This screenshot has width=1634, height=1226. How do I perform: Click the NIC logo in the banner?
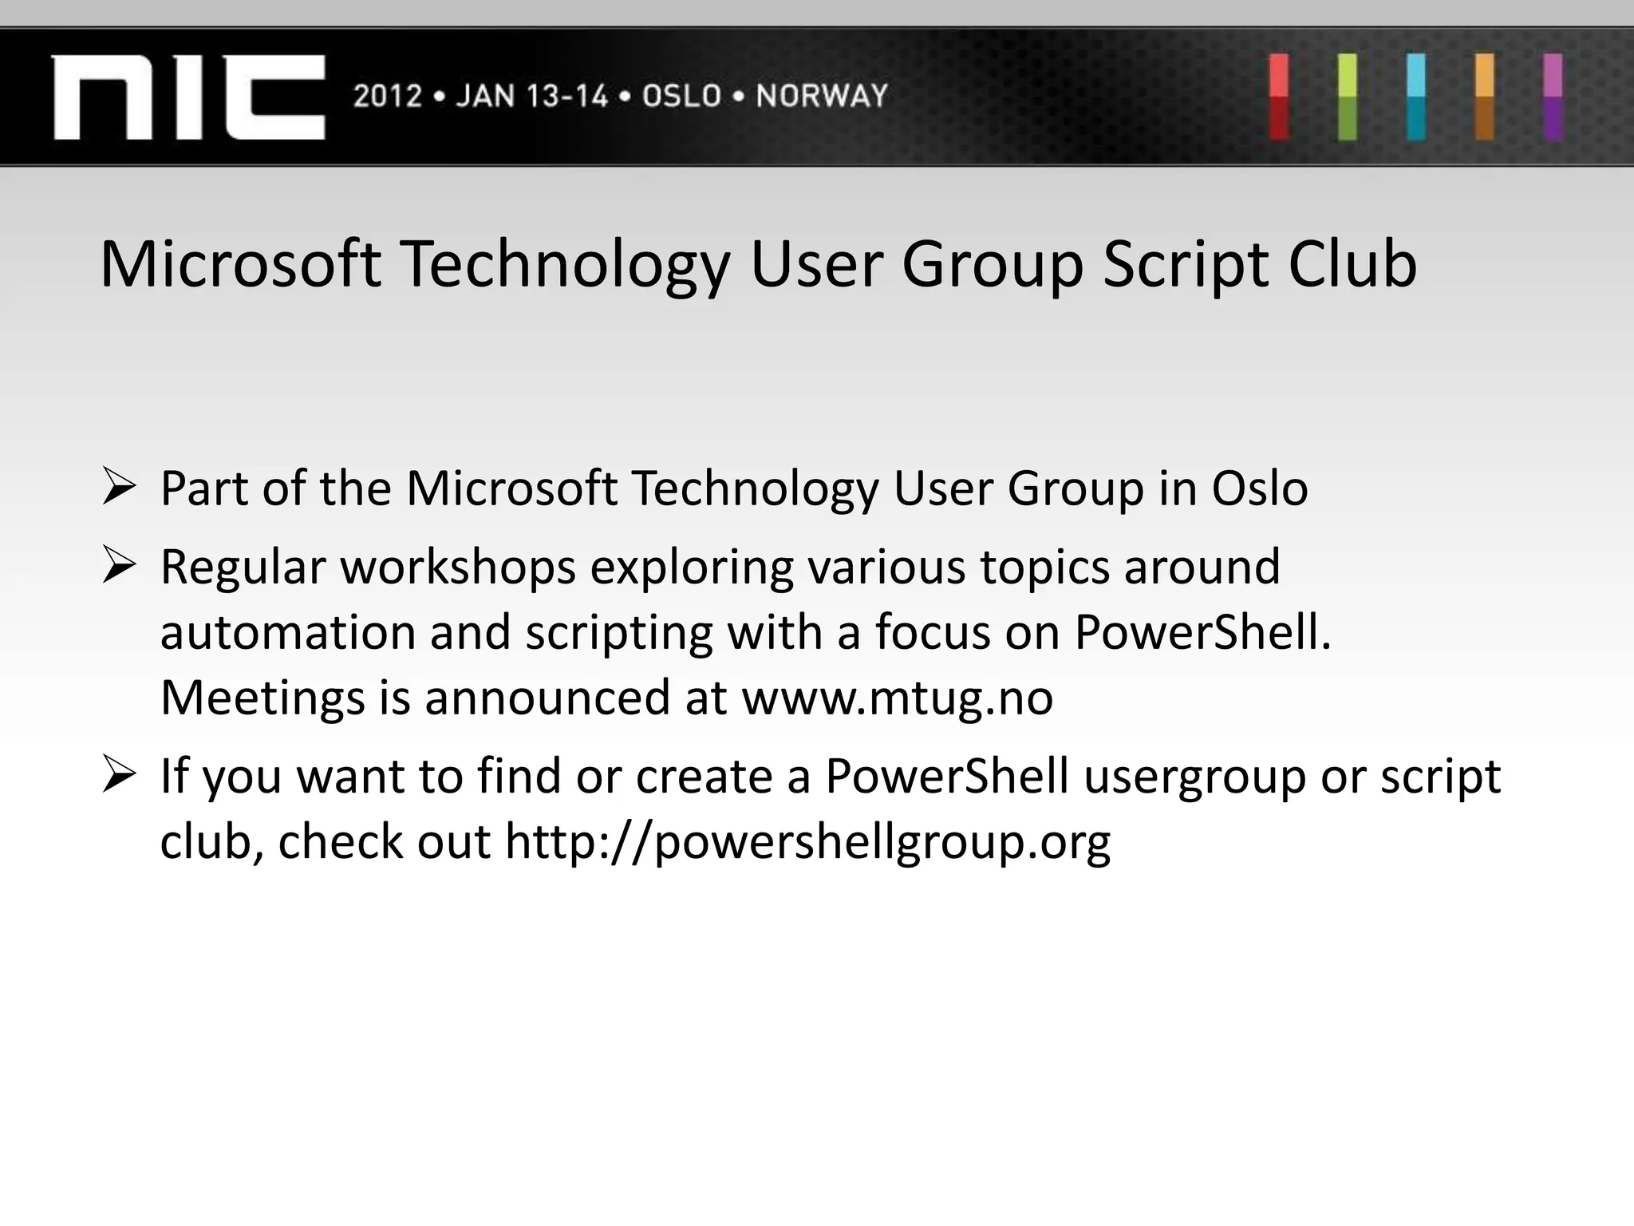click(x=188, y=97)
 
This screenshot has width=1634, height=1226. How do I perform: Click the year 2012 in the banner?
click(x=387, y=97)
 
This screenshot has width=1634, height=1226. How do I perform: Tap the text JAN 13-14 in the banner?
click(x=531, y=97)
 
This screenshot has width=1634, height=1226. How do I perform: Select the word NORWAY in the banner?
click(x=822, y=97)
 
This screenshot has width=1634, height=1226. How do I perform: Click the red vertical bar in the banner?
click(x=1279, y=97)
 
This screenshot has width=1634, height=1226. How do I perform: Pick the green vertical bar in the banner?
click(x=1348, y=97)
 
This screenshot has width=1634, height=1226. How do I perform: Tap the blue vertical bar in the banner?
click(x=1416, y=97)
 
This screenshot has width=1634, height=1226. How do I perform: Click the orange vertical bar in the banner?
click(x=1485, y=97)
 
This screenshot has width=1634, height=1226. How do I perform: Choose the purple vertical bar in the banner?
click(x=1553, y=97)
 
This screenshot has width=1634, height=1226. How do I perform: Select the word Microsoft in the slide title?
click(x=240, y=264)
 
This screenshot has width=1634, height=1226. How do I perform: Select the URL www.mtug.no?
click(x=898, y=698)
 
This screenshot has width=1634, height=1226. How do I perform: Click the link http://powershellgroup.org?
click(x=807, y=842)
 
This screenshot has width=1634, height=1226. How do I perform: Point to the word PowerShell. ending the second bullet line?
click(x=1202, y=632)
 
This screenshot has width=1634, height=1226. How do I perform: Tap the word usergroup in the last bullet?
click(x=1194, y=777)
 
